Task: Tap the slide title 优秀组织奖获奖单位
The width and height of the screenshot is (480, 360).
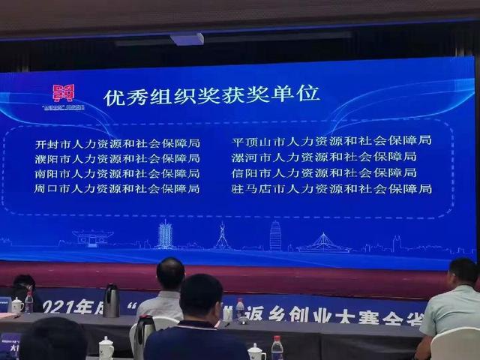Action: [x=211, y=95]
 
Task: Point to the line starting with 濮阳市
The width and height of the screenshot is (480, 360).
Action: [x=116, y=158]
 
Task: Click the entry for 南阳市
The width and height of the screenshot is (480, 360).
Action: [x=116, y=173]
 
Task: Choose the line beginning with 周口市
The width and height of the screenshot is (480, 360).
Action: [x=116, y=188]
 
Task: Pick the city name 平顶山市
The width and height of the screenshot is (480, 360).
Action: [x=253, y=140]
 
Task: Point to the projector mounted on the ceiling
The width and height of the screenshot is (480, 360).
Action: [x=187, y=38]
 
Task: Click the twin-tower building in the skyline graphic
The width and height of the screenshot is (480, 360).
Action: [x=165, y=235]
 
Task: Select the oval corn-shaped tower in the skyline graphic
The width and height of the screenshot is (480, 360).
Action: [x=275, y=235]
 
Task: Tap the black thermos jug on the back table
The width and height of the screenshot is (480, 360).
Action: [x=111, y=301]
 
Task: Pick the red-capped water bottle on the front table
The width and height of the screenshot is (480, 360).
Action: [x=277, y=348]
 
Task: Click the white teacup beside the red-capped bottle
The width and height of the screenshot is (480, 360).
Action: [x=256, y=352]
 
